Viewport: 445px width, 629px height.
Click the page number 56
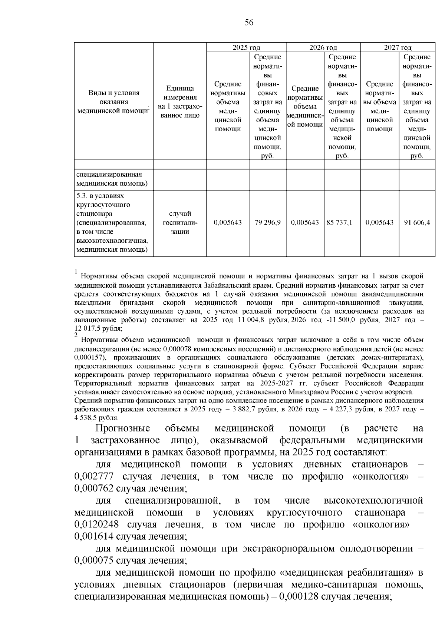(249, 23)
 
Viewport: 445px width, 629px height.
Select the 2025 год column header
(246, 48)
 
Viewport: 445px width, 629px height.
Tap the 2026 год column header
(323, 48)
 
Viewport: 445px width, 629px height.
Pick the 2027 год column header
(398, 48)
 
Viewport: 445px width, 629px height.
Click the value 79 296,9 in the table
(267, 223)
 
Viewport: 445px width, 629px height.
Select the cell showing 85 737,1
(339, 223)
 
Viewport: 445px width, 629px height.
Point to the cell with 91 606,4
(417, 223)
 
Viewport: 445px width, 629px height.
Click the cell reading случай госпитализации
(180, 223)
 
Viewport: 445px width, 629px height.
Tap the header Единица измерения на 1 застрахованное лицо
(180, 102)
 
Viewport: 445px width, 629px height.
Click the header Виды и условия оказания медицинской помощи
(113, 102)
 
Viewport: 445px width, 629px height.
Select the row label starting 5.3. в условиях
(111, 223)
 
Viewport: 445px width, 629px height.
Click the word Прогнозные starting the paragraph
(122, 429)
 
